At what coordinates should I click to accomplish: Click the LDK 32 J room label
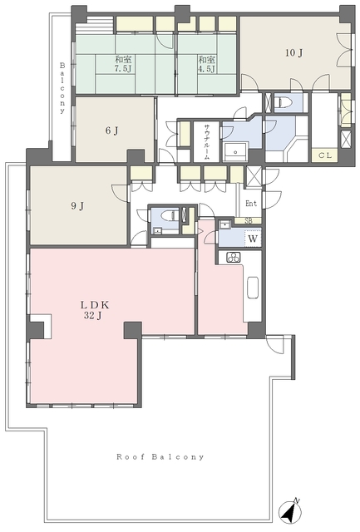[95, 310]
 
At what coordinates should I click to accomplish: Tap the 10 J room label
[293, 53]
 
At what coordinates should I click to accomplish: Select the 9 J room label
[77, 206]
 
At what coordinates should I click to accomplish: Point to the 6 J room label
[111, 131]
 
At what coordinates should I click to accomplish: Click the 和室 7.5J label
[123, 64]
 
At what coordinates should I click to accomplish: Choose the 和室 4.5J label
[207, 64]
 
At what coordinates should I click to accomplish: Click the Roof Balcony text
[160, 457]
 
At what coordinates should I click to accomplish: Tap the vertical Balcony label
[62, 87]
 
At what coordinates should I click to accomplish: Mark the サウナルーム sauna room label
[207, 142]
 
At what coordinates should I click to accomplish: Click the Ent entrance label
[251, 204]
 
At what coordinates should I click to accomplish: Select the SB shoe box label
[249, 221]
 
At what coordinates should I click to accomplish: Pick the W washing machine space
[253, 239]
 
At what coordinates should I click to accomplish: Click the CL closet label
[325, 155]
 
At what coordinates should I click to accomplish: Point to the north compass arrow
[290, 511]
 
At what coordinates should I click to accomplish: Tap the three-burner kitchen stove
[234, 257]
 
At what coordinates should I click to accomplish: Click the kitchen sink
[253, 288]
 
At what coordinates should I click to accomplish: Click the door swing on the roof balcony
[274, 345]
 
